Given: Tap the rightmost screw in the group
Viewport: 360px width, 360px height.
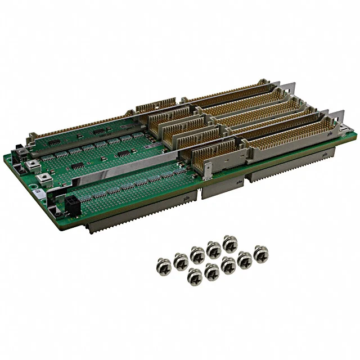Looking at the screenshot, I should pyautogui.click(x=260, y=253).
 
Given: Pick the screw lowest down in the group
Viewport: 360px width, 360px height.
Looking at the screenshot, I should pyautogui.click(x=194, y=276).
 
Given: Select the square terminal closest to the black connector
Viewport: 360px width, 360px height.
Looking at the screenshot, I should pyautogui.click(x=42, y=179).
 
